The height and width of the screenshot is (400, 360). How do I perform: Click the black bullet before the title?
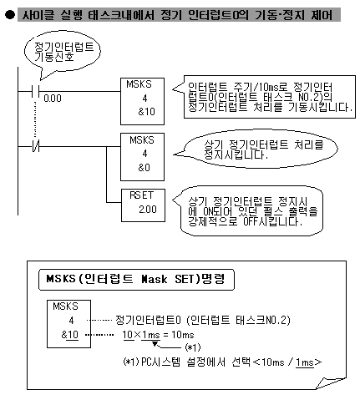tap(10, 15)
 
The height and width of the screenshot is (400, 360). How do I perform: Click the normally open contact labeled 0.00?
tap(36, 91)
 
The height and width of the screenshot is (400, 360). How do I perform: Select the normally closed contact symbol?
tap(36, 146)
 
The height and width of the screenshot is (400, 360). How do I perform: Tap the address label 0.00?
tap(53, 99)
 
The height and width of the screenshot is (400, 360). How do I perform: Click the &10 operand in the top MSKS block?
tap(146, 112)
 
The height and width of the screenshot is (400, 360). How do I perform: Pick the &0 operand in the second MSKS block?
tap(144, 168)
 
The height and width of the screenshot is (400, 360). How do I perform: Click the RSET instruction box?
tap(143, 205)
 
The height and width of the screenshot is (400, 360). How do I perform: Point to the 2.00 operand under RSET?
tap(148, 210)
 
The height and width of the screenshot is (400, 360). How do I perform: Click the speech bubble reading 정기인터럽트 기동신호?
tap(63, 52)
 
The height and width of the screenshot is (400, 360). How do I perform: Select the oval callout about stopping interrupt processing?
tap(256, 149)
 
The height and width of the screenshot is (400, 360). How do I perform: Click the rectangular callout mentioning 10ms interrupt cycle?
tap(265, 97)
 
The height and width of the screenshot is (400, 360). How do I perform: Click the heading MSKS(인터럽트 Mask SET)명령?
tap(136, 279)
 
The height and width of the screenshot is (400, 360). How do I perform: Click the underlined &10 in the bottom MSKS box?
tap(69, 335)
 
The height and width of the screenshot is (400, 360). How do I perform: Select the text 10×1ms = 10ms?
tap(158, 335)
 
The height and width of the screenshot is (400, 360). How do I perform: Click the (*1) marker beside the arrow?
tap(193, 347)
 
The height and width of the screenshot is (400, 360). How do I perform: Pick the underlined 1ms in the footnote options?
tap(305, 362)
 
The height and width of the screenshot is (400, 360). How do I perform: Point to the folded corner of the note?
tap(332, 382)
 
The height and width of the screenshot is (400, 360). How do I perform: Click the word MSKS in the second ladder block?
tap(142, 140)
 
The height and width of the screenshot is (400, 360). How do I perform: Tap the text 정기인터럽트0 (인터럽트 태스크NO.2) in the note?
tap(203, 320)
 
